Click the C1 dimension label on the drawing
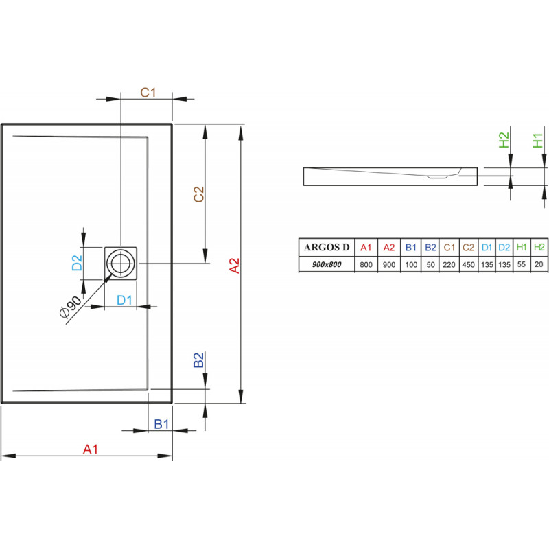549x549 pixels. [148, 93]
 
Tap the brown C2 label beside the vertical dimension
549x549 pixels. [198, 194]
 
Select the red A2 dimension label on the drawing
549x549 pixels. [234, 266]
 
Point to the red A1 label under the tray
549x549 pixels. [91, 449]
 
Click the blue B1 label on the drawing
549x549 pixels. [161, 424]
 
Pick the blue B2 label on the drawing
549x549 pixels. [198, 360]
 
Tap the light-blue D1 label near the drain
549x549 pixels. [124, 300]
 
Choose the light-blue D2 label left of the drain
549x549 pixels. [77, 263]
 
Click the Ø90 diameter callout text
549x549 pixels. [71, 307]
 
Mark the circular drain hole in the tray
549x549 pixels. [121, 263]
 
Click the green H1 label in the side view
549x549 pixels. [538, 141]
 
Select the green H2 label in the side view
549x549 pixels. [504, 140]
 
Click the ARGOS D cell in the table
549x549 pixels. [327, 248]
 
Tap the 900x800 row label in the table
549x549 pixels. [327, 264]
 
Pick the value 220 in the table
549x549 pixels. [449, 265]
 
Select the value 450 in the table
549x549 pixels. [468, 265]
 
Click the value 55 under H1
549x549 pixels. [522, 264]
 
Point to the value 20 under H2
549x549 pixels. [539, 264]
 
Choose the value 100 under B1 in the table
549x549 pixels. [411, 265]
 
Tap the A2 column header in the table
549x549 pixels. [389, 248]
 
